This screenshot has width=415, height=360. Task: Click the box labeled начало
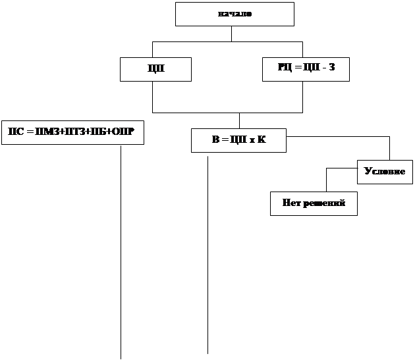point(235,14)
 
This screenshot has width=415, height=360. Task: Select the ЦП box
point(155,69)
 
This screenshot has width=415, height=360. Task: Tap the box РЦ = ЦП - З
point(306,68)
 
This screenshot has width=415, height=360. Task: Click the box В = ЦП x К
point(238,140)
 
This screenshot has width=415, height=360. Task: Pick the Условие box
point(385,171)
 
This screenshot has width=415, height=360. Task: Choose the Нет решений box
point(314,203)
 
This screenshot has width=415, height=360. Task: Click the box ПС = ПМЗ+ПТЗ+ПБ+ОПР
point(72,132)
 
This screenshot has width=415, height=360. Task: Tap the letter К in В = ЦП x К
point(262,140)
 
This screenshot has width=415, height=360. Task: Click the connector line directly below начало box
point(231,34)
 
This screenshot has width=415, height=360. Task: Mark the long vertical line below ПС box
point(121,250)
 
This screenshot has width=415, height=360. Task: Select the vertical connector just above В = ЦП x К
point(239,120)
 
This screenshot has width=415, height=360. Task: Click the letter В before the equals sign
point(215,140)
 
